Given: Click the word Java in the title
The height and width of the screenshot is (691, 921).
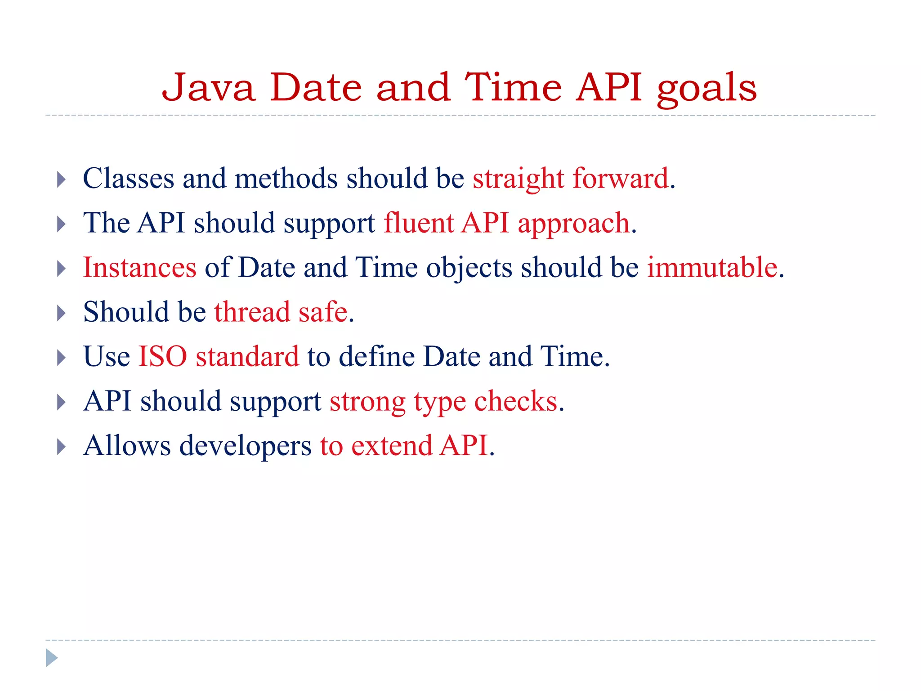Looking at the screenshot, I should (209, 88).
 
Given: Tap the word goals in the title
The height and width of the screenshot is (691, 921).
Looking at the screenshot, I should (706, 89).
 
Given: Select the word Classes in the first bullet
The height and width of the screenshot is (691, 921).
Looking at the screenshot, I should (128, 179).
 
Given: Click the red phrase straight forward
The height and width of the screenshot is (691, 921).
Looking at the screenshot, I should (571, 179).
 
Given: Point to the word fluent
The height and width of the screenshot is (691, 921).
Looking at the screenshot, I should (419, 223).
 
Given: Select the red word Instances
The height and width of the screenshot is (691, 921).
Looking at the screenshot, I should (140, 268).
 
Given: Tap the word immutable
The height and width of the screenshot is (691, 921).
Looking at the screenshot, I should (712, 268).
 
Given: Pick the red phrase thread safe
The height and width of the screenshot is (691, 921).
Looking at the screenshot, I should (281, 312).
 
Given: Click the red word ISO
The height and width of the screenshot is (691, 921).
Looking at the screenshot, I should (162, 357).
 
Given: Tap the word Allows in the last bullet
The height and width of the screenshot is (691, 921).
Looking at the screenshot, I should (127, 446).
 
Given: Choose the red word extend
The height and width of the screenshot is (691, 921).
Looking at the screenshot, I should (391, 446).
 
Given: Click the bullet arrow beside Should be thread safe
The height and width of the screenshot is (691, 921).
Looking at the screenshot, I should (62, 313).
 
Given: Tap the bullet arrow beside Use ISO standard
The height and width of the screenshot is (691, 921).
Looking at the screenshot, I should (62, 358).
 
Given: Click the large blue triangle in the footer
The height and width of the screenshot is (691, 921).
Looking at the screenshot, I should (51, 658).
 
